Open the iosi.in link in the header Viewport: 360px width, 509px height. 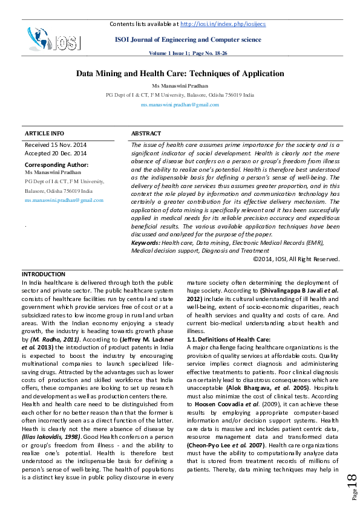click(223, 24)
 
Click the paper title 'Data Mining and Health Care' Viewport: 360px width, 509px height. click(180, 74)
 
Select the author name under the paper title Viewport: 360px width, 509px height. click(180, 86)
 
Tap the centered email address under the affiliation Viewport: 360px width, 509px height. click(180, 105)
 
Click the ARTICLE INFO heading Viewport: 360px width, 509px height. click(44, 133)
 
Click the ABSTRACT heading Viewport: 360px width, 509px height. click(146, 133)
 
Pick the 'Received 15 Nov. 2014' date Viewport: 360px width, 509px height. click(56, 145)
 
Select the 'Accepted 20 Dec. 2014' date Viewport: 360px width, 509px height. click(55, 154)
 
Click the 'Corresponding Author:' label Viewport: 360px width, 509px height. click(56, 164)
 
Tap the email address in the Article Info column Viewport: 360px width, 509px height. click(64, 200)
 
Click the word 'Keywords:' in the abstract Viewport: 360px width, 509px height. click(146, 242)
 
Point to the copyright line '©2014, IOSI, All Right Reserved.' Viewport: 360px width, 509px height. click(296, 258)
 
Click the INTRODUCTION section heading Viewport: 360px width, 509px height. click(44, 274)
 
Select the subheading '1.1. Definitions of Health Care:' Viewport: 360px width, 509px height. click(228, 339)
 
